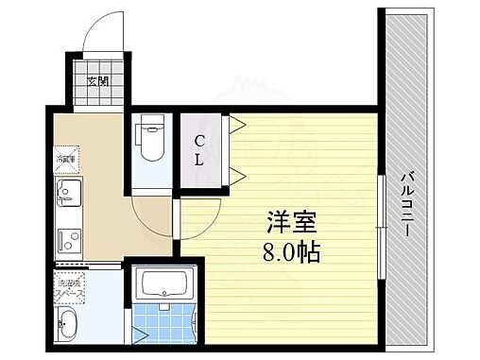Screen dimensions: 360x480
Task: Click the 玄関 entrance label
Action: [97, 81]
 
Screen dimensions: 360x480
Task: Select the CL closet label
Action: [199, 151]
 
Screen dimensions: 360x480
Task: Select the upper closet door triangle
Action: [235, 124]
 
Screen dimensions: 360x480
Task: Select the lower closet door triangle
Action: [235, 175]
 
